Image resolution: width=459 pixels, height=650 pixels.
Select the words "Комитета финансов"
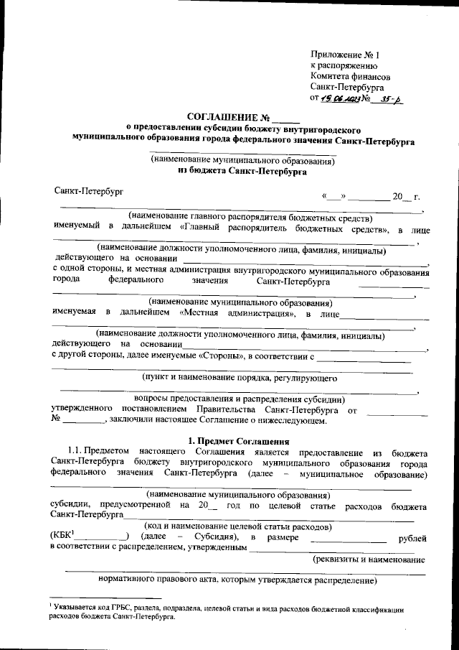(351, 75)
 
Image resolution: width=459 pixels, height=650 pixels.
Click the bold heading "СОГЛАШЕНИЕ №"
(227, 117)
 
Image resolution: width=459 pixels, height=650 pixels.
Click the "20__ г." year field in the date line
(405, 197)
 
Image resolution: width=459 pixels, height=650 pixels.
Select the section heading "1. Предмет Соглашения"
(237, 440)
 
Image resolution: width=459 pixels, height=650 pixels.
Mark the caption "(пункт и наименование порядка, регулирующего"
(239, 377)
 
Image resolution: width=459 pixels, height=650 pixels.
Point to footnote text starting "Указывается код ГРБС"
(229, 609)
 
